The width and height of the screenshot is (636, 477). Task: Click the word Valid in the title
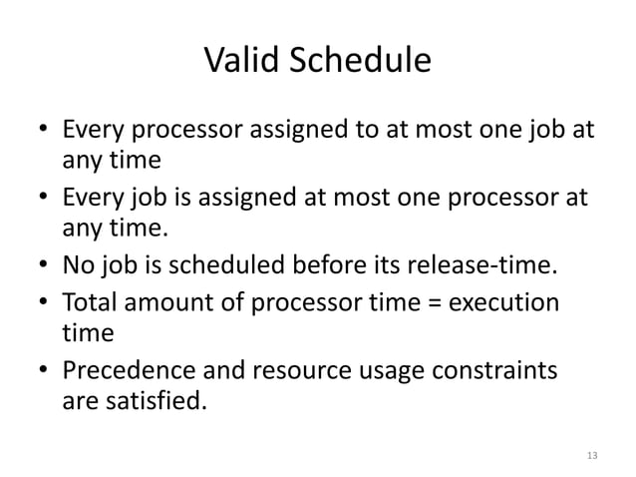point(243,62)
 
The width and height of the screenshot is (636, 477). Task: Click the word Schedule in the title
point(359,62)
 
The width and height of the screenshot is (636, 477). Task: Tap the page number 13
point(592,455)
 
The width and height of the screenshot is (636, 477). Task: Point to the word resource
point(283,372)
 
